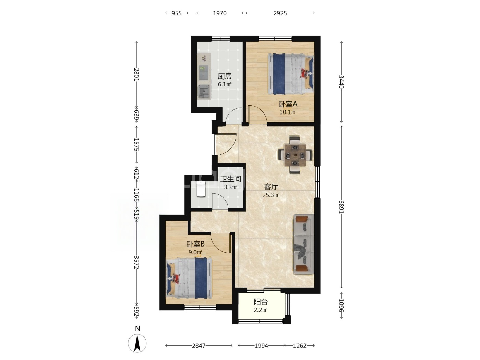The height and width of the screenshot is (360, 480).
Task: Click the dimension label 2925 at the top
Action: click(280, 13)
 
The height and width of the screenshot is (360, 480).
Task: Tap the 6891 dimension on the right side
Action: click(341, 207)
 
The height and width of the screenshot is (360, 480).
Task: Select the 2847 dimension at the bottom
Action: click(199, 346)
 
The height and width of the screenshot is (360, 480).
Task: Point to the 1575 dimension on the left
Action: click(136, 144)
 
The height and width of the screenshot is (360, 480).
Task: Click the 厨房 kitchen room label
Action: click(225, 76)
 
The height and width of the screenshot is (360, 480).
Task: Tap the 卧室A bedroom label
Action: click(288, 104)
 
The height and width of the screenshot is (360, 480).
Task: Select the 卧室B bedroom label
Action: click(195, 244)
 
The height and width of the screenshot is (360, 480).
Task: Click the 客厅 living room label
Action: click(271, 187)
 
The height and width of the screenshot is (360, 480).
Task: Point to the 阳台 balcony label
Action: click(261, 302)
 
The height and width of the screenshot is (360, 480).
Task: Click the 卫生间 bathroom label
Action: click(230, 179)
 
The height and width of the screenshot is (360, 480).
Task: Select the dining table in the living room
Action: click(295, 155)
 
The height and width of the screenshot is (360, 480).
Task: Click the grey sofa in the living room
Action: click(304, 244)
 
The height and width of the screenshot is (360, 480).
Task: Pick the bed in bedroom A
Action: click(291, 74)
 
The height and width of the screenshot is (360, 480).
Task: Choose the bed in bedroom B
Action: click(189, 278)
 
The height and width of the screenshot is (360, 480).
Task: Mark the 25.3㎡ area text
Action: click(271, 195)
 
